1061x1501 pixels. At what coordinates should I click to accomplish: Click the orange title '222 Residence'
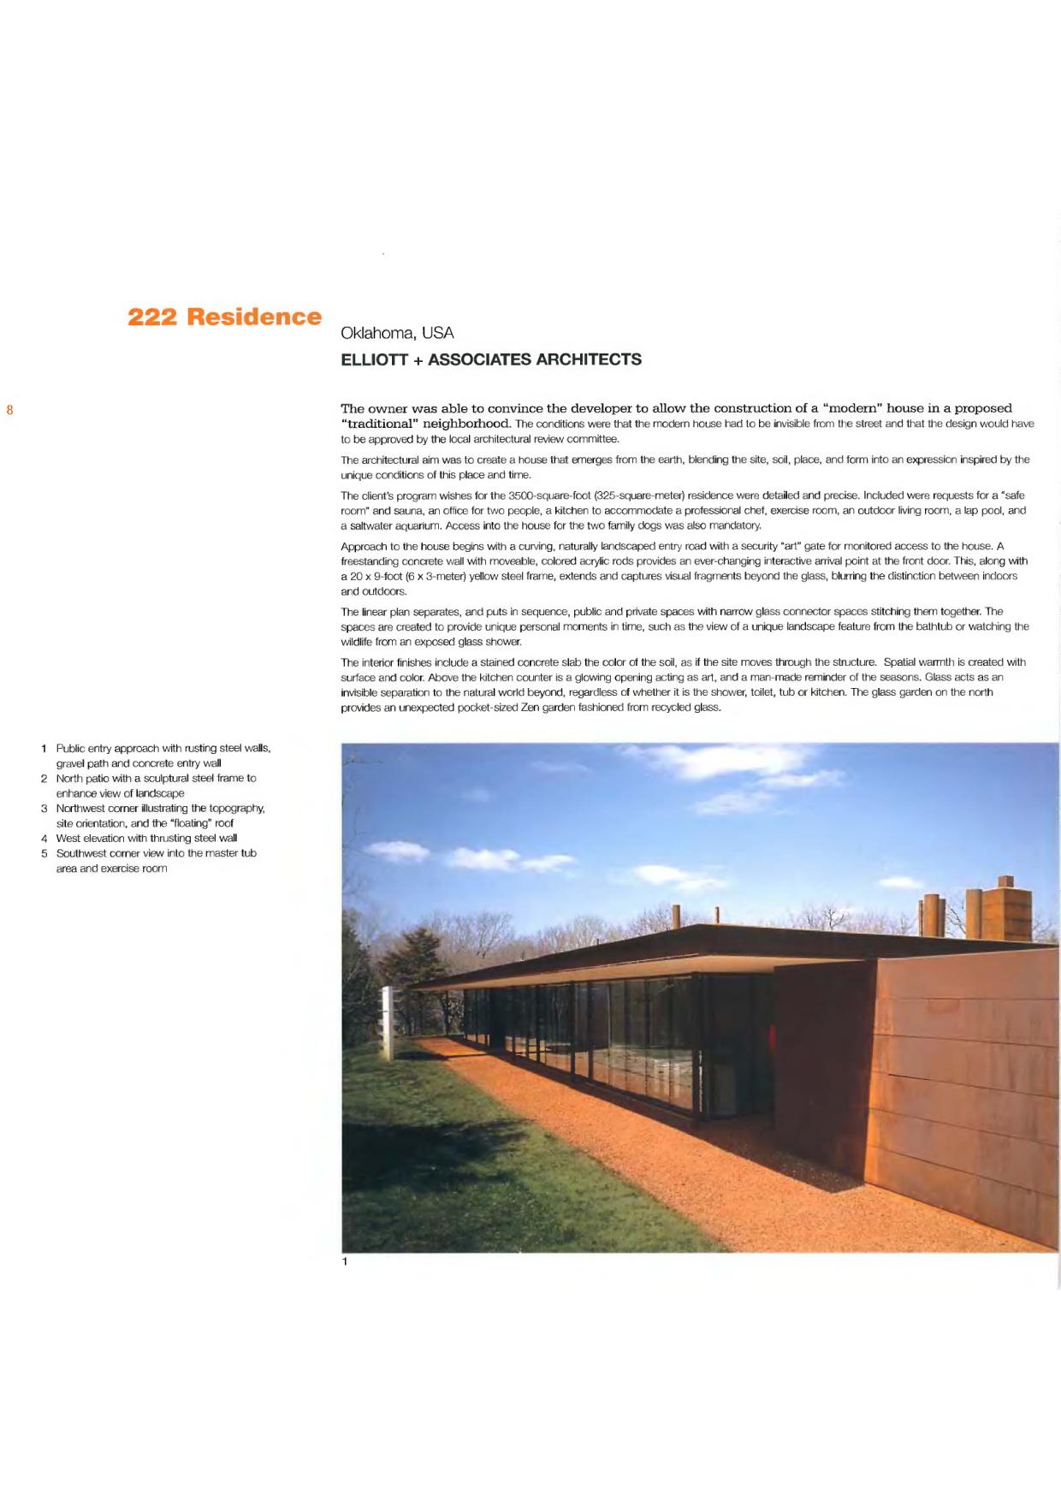click(224, 317)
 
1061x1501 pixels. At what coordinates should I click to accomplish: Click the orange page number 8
click(10, 409)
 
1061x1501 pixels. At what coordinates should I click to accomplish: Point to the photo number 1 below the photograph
click(345, 1261)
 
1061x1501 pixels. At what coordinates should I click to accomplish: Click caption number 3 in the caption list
click(44, 808)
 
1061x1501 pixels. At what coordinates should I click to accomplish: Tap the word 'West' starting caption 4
click(68, 838)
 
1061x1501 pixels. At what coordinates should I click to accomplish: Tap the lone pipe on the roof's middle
click(716, 916)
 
